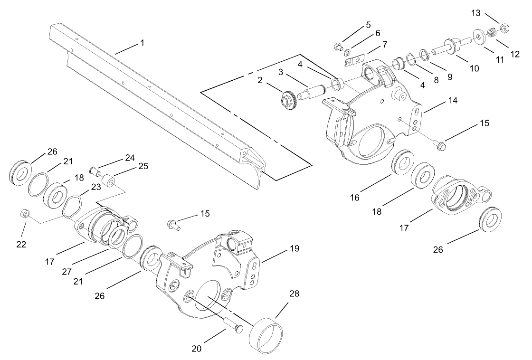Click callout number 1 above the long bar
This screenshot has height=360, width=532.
point(142,43)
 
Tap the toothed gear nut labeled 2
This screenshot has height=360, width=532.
point(289,100)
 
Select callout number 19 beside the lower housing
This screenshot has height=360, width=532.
point(294,248)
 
